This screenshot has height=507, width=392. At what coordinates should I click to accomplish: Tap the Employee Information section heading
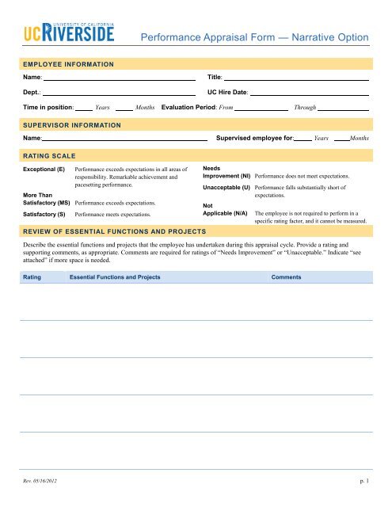(x=69, y=63)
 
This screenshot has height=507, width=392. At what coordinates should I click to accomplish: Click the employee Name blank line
(x=119, y=79)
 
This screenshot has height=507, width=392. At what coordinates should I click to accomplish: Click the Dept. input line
(x=119, y=93)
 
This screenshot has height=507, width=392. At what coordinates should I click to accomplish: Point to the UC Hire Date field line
(x=310, y=93)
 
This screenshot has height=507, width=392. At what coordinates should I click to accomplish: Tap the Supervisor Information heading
(x=72, y=125)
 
